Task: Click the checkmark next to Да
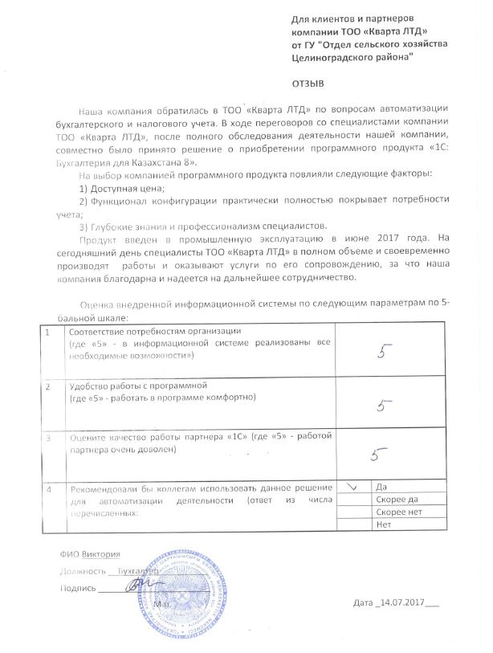click(x=351, y=487)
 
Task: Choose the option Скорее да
click(x=396, y=500)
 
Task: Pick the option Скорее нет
click(x=397, y=512)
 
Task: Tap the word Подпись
click(x=77, y=588)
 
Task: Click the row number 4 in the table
click(x=50, y=488)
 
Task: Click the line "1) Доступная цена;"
click(x=123, y=188)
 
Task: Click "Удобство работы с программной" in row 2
click(x=139, y=386)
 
